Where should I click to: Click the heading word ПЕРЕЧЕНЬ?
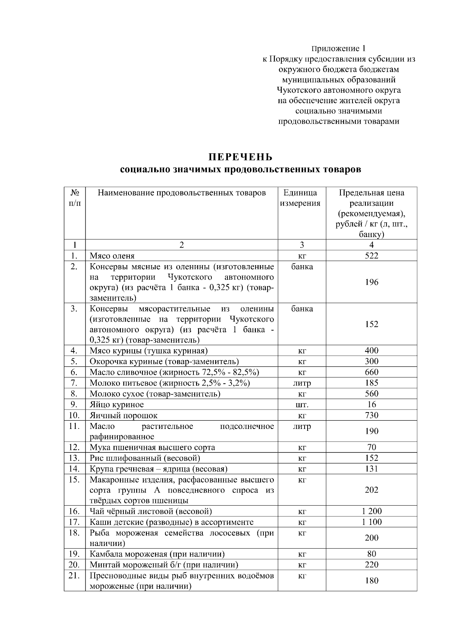tap(240, 156)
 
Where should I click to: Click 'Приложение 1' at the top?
tap(338, 49)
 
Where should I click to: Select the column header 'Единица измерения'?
tap(302, 198)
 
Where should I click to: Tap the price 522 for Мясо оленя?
tap(371, 256)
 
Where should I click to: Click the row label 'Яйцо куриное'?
tap(116, 405)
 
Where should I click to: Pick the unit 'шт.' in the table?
tap(302, 405)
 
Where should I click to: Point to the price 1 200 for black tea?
tap(371, 511)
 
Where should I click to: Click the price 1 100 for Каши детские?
tap(371, 522)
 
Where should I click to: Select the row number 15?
tap(74, 480)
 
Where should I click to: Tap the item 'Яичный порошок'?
tap(123, 415)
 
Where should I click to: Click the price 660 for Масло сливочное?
tap(371, 372)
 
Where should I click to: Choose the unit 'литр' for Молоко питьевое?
tap(302, 383)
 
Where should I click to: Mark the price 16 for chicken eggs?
tap(371, 405)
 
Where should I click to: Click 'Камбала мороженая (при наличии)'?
tap(157, 554)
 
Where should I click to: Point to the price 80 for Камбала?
tap(371, 554)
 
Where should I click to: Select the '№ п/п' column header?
tap(74, 198)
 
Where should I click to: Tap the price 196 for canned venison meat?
tap(371, 282)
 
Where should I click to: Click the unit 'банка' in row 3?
tap(302, 309)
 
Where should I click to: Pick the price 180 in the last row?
tap(371, 581)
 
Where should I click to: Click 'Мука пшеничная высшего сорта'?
tap(152, 448)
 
